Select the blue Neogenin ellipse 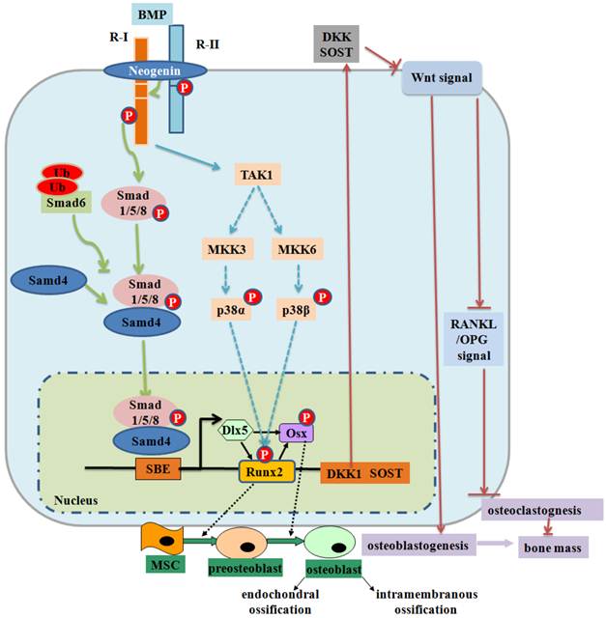pyautogui.click(x=155, y=72)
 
